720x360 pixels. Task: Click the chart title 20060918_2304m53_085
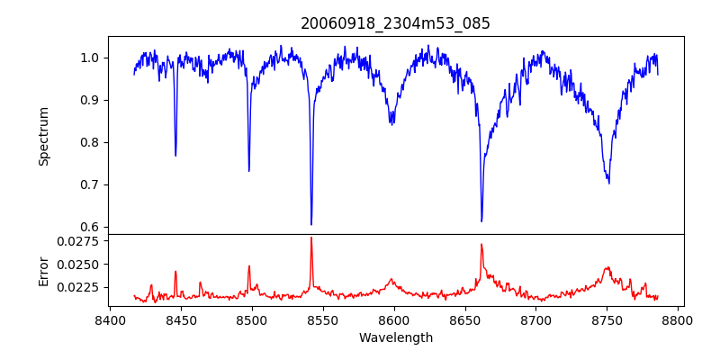coord(395,23)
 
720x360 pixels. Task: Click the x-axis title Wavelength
coord(395,337)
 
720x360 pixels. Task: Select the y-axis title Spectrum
coord(43,136)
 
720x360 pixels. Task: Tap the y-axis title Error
coord(43,270)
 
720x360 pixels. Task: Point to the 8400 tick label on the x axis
coord(109,319)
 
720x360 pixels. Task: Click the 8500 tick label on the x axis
coord(251,319)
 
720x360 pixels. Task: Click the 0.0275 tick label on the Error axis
coord(79,241)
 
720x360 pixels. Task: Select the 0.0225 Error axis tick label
coord(79,287)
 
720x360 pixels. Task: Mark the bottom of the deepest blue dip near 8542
coord(311,224)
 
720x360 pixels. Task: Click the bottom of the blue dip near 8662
coord(481,220)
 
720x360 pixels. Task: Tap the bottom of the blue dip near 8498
coord(249,170)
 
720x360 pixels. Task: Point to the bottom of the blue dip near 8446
coord(175,156)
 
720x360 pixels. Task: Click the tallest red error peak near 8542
coord(311,238)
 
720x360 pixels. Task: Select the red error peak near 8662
coord(481,244)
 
